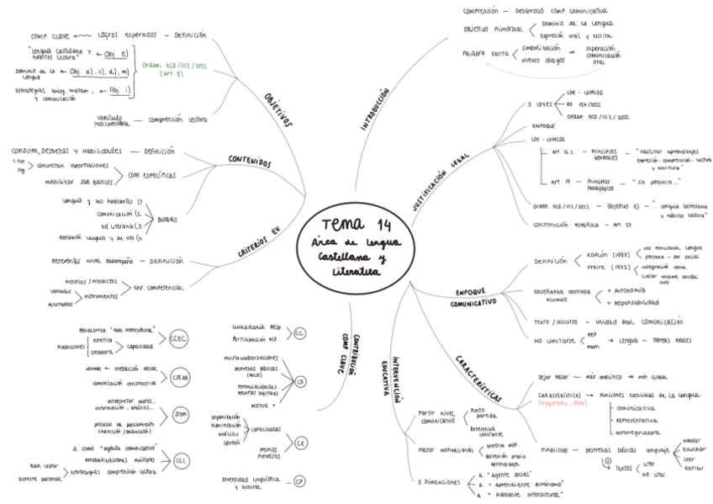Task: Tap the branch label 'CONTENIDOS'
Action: point(249,160)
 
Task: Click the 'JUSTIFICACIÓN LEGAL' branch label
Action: point(440,180)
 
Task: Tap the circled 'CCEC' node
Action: point(178,338)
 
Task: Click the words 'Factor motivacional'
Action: point(444,450)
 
